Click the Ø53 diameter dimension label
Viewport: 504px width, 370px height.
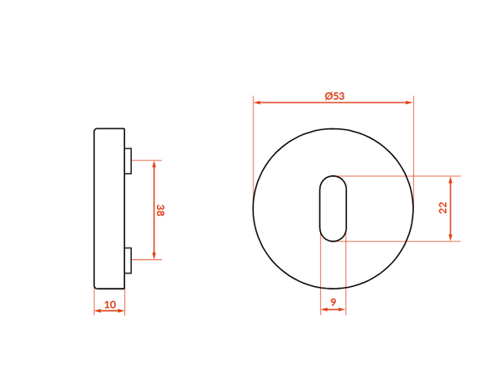point(334,96)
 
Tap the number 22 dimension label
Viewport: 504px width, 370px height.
point(443,207)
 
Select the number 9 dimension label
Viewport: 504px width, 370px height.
point(333,302)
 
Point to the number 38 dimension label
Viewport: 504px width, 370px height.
point(160,210)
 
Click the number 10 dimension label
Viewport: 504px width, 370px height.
point(110,305)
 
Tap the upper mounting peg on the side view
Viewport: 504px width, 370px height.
point(128,161)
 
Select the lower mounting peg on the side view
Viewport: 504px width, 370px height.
point(128,260)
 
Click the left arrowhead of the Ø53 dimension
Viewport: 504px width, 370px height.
point(257,102)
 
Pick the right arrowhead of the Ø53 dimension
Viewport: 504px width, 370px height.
point(409,102)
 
